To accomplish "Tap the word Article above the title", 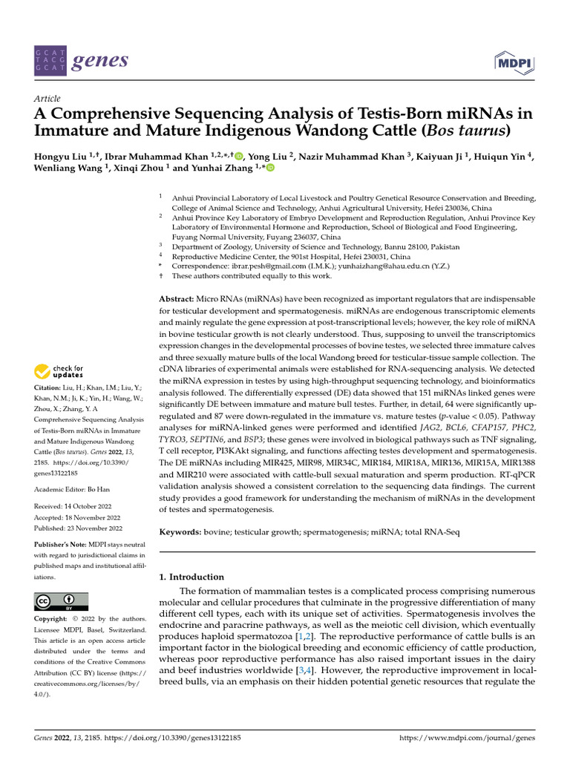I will [x=47, y=98].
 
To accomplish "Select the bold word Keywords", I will [x=182, y=533].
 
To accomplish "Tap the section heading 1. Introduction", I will [x=191, y=577].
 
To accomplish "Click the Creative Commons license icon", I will [x=61, y=601].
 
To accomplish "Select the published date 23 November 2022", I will [x=94, y=528].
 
